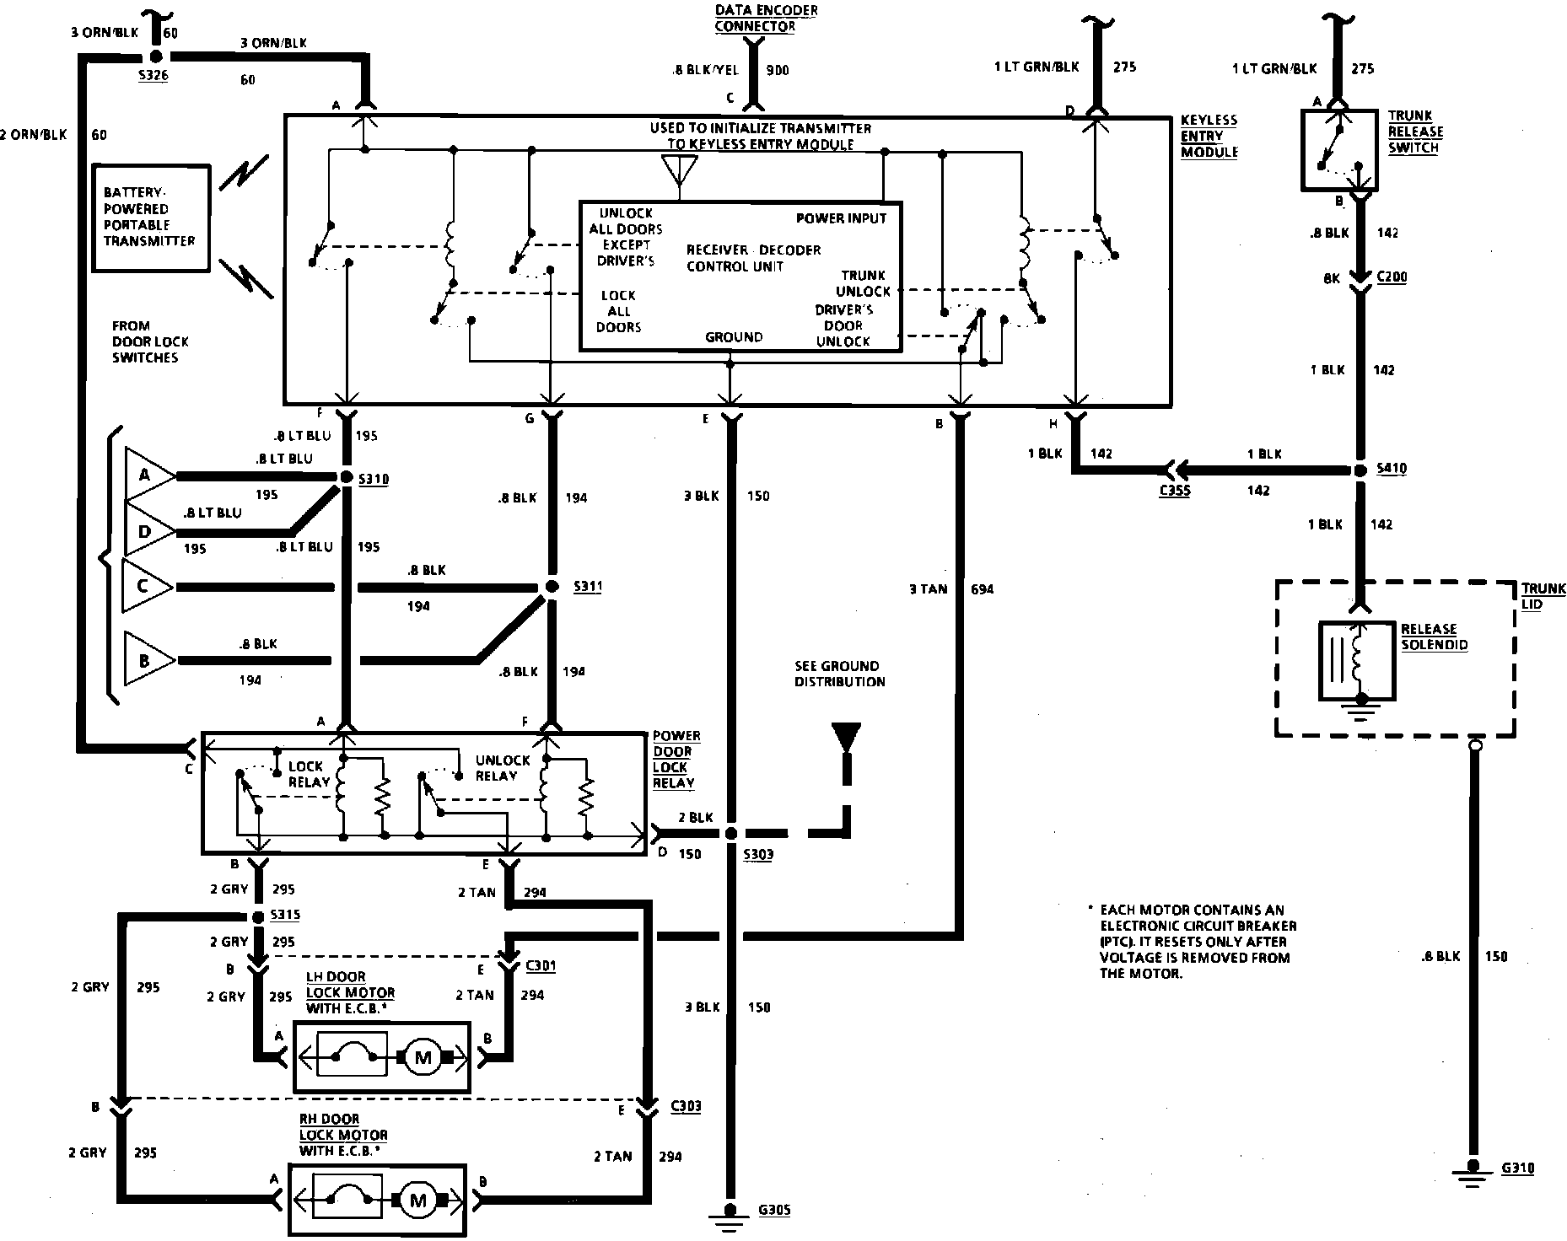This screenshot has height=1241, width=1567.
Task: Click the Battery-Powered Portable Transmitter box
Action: point(150,218)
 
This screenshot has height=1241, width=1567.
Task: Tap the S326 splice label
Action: point(153,76)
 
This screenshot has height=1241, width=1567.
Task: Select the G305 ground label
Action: point(774,1211)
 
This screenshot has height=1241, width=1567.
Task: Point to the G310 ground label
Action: point(1518,1168)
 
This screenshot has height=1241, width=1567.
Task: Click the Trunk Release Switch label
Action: point(1415,132)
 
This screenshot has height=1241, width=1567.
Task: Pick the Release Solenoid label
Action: point(1434,637)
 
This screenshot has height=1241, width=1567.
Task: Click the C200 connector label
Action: point(1392,277)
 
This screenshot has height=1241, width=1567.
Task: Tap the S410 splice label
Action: point(1392,468)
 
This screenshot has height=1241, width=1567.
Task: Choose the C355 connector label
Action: point(1175,490)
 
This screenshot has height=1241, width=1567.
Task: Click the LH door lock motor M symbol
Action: point(422,1057)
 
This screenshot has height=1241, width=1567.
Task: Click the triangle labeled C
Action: point(143,585)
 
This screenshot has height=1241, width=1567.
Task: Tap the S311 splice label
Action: point(587,586)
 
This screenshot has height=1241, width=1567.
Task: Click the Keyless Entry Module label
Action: point(1209,136)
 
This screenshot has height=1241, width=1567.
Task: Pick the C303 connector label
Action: point(686,1106)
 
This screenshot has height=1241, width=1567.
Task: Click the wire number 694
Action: point(983,589)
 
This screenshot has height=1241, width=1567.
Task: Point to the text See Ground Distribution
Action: point(840,673)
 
